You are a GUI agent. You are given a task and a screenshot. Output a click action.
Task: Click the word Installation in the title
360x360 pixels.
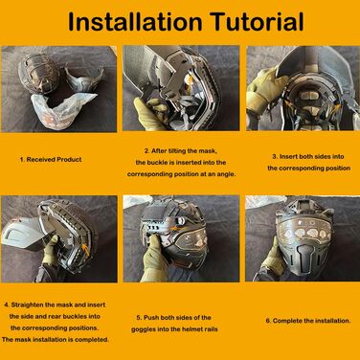pyautogui.click(x=135, y=22)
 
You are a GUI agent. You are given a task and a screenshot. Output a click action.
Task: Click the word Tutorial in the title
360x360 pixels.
pyautogui.click(x=258, y=22)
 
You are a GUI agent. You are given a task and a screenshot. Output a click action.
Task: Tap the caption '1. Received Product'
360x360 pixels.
pyautogui.click(x=51, y=159)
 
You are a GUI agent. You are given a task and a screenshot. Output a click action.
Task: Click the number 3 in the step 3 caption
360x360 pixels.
pyautogui.click(x=274, y=157)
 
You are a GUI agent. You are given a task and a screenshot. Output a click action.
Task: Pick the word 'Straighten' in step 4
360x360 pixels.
pyautogui.click(x=27, y=304)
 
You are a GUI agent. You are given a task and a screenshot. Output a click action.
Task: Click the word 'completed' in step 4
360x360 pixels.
pyautogui.click(x=92, y=340)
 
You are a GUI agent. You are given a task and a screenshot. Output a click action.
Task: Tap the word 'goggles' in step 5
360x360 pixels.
pyautogui.click(x=144, y=329)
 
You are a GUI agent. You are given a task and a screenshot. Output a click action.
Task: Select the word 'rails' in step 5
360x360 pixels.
pyautogui.click(x=210, y=329)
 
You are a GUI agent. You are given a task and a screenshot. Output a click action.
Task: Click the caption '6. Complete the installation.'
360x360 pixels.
pyautogui.click(x=308, y=321)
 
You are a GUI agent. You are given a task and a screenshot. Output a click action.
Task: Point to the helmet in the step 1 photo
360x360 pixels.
pyautogui.click(x=38, y=74)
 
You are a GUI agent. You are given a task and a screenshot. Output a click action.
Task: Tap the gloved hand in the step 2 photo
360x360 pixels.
pyautogui.click(x=149, y=112)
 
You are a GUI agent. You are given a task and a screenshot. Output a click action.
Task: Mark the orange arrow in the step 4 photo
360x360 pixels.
pyautogui.click(x=86, y=248)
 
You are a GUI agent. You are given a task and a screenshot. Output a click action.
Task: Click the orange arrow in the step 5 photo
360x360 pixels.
pyautogui.click(x=173, y=228)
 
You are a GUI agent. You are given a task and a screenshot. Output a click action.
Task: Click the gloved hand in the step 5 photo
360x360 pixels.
pyautogui.click(x=154, y=259)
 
